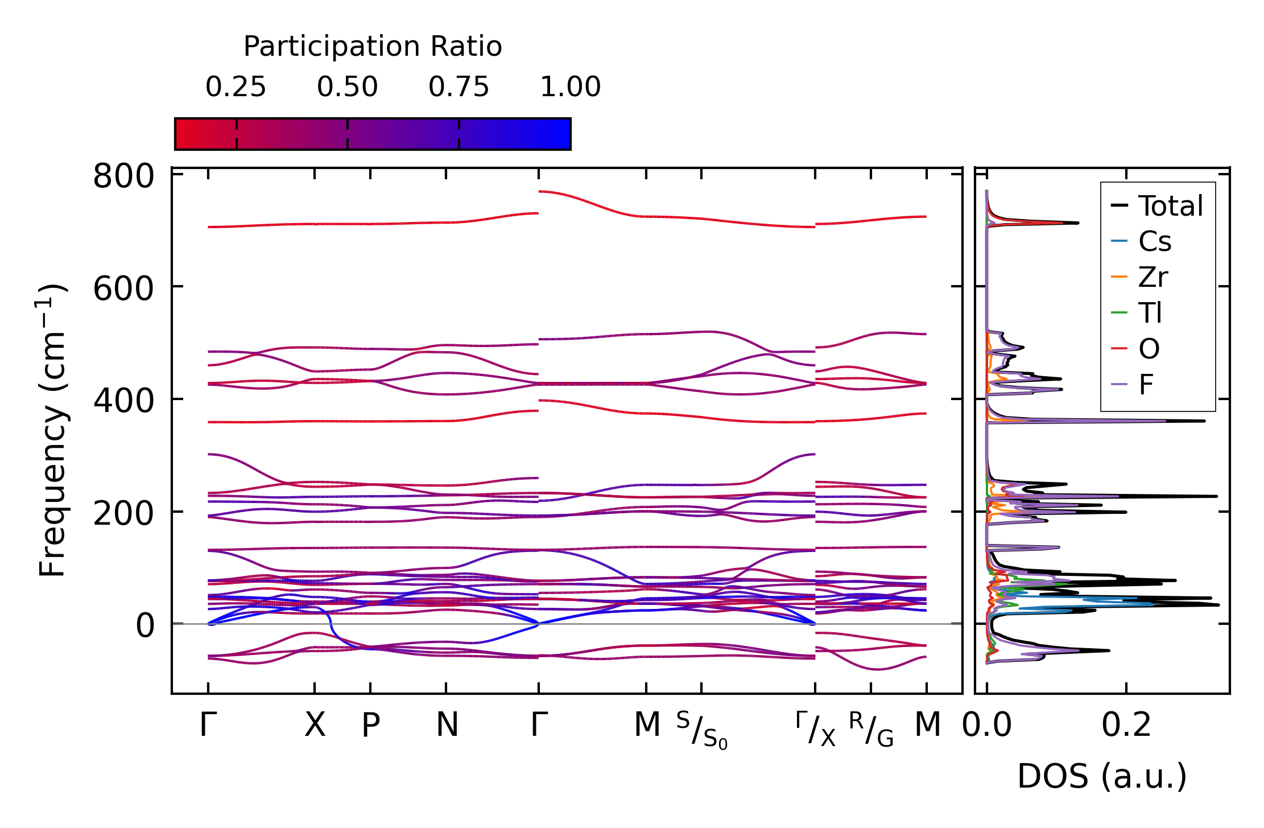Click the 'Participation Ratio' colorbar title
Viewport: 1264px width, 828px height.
(373, 47)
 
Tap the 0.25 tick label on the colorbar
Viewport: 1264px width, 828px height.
(236, 88)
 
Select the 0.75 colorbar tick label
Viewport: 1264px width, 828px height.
(458, 88)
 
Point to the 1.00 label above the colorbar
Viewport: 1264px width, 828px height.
(570, 88)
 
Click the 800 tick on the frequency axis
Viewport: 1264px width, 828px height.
(123, 176)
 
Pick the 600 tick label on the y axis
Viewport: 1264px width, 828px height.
(123, 289)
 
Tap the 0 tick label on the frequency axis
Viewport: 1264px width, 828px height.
(145, 626)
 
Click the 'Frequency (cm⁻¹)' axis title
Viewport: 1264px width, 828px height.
(52, 430)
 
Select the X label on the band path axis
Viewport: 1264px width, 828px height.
(315, 726)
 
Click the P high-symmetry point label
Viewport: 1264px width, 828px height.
(371, 726)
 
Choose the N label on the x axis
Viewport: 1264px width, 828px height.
(447, 726)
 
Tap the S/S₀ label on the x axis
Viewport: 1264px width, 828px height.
(701, 730)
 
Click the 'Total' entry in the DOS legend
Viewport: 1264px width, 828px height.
(1170, 206)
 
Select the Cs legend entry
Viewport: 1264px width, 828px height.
(1155, 242)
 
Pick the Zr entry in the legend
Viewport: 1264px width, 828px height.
(1153, 278)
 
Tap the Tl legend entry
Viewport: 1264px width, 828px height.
(1150, 313)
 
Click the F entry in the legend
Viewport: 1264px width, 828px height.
(1146, 385)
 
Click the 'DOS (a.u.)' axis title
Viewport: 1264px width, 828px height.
(1102, 777)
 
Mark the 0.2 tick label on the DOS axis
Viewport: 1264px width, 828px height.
(1126, 726)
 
